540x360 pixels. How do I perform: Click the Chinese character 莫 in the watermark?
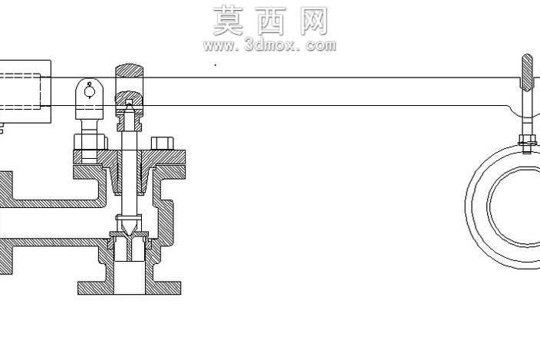pyautogui.click(x=229, y=21)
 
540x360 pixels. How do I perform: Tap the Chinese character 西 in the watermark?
pyautogui.click(x=271, y=21)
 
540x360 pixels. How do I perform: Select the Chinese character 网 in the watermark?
pyautogui.click(x=314, y=21)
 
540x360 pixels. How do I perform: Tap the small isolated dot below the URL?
pyautogui.click(x=216, y=64)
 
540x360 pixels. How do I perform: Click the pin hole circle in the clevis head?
pyautogui.click(x=90, y=91)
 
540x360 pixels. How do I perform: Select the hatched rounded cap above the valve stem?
pyautogui.click(x=129, y=71)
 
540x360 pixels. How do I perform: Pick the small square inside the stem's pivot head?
pyautogui.click(x=129, y=102)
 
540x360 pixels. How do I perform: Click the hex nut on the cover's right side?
pyautogui.click(x=162, y=144)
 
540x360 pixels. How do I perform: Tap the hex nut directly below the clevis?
pyautogui.click(x=90, y=142)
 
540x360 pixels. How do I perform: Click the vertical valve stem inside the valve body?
pyautogui.click(x=130, y=172)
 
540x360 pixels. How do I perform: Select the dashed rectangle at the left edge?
pyautogui.click(x=20, y=91)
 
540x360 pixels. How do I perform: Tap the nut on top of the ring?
pyautogui.click(x=527, y=140)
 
